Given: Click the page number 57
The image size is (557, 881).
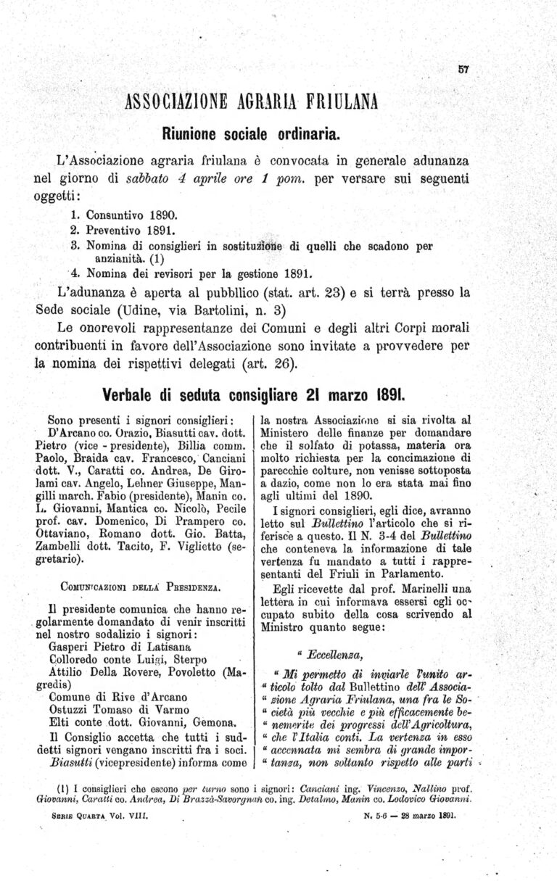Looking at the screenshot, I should [464, 70].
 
